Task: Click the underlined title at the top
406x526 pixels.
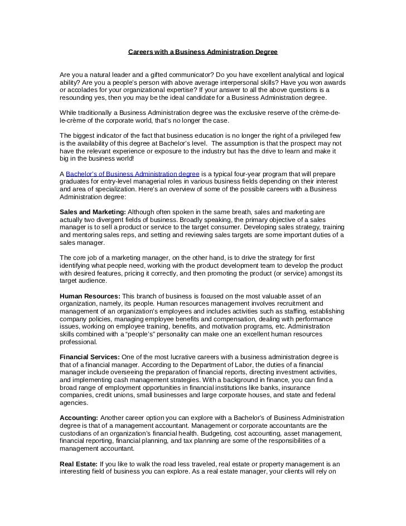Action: (x=202, y=52)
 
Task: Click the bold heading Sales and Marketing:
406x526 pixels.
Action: (x=93, y=213)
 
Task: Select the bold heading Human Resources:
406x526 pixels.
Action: (x=89, y=296)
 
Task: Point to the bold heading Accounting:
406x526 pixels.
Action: (x=79, y=418)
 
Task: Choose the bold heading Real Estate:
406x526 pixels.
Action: (x=78, y=464)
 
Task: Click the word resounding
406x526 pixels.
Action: (x=78, y=97)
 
